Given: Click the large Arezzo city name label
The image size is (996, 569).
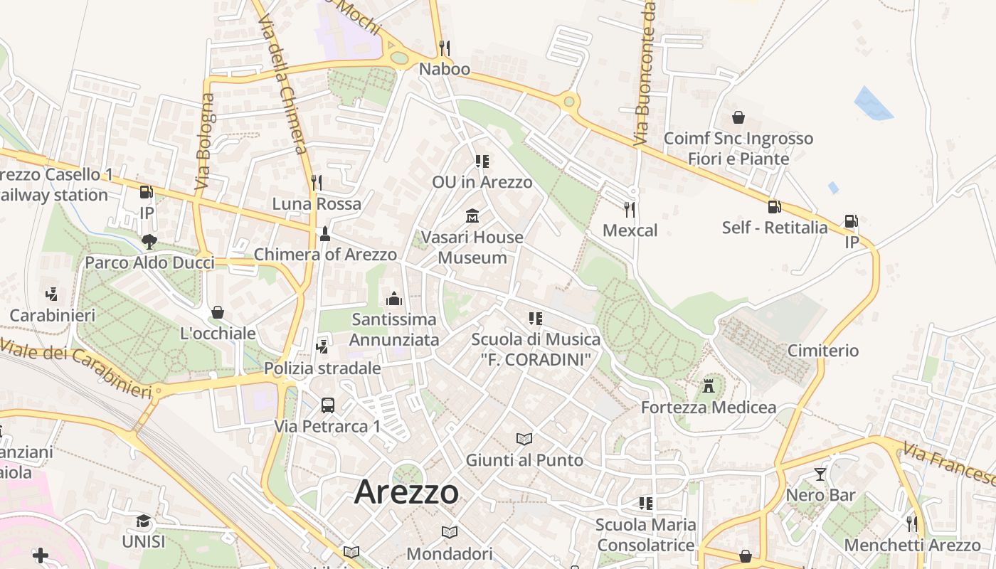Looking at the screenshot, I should [x=406, y=491].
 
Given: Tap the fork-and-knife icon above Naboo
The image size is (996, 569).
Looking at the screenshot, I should [x=445, y=48].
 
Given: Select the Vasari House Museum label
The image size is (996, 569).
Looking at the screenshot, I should [x=472, y=247].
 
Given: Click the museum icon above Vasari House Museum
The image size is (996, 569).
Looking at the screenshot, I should [x=472, y=216].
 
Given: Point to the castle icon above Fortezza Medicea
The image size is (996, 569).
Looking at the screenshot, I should [x=709, y=386].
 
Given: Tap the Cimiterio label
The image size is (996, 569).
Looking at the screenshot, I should [x=823, y=351].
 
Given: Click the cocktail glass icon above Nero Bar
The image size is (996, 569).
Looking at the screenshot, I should [x=820, y=474].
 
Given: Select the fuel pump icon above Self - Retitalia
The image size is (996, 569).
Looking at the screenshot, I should [x=774, y=206].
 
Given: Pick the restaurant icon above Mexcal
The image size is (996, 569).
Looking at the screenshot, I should [x=630, y=209].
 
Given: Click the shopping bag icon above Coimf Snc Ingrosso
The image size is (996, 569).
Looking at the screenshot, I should [x=738, y=117].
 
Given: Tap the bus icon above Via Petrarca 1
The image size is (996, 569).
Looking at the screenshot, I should [x=327, y=405].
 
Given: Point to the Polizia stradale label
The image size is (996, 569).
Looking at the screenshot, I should [x=322, y=368].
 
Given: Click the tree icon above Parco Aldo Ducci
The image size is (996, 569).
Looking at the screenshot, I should [x=149, y=242].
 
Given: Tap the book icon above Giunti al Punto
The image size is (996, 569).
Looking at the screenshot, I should [x=524, y=439].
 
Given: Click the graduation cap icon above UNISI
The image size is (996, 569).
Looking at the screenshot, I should [x=143, y=521].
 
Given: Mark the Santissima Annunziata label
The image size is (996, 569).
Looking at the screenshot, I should [x=393, y=329].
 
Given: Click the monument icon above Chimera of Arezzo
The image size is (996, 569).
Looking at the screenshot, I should [x=325, y=233].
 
